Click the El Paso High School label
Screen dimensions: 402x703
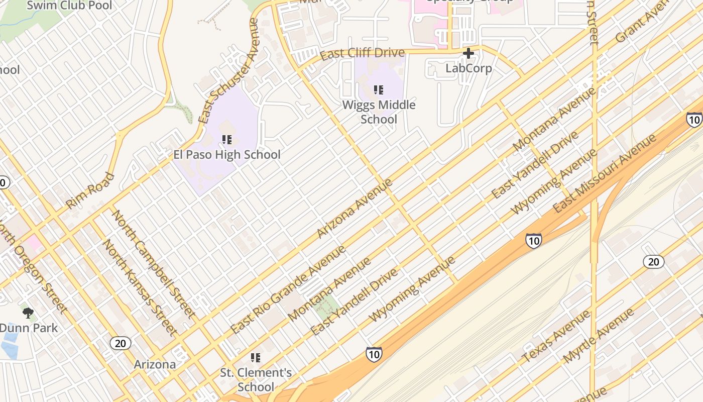(227, 155)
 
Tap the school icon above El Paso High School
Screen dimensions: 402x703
(227, 139)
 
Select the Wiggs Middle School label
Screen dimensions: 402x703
(379, 112)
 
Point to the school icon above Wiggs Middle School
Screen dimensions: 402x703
(379, 90)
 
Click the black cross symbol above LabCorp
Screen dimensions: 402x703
(468, 53)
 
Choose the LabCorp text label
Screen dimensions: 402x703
(468, 68)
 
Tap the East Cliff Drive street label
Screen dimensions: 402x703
(362, 53)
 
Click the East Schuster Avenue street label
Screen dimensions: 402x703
(228, 71)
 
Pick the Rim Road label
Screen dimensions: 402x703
(90, 191)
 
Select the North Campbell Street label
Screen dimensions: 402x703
(154, 264)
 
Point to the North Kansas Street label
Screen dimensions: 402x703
(140, 287)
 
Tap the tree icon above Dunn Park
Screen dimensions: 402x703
(28, 313)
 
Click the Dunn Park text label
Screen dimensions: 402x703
(29, 328)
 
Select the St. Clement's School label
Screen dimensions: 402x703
(256, 380)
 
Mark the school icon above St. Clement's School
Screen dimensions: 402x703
(256, 358)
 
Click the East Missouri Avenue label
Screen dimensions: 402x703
(604, 173)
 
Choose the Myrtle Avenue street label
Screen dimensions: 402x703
(599, 336)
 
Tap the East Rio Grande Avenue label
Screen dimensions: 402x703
(288, 290)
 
